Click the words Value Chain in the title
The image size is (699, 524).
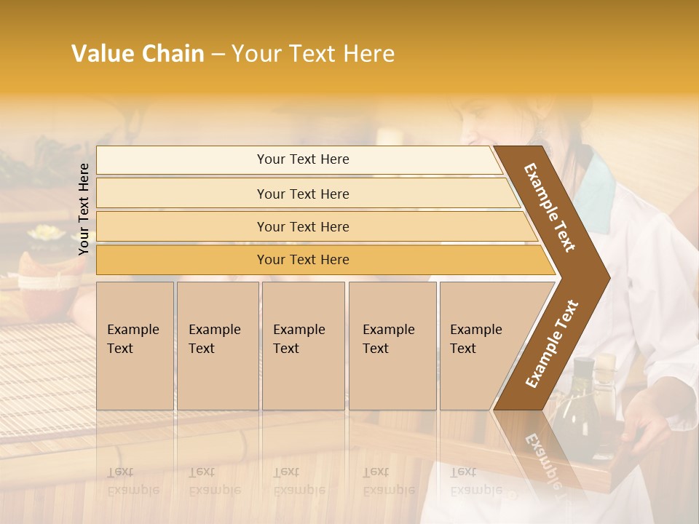138,54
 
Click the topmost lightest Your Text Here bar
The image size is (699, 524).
302,159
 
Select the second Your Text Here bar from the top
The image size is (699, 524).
302,194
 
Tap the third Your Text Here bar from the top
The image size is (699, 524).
302,226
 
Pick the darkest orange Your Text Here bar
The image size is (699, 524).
302,260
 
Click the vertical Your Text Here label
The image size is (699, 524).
84,209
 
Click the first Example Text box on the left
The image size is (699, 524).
135,346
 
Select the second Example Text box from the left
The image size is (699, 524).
218,346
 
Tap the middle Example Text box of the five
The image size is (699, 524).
303,346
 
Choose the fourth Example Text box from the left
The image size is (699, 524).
392,346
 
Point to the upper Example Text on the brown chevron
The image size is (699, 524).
550,207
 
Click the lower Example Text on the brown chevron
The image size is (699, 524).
552,344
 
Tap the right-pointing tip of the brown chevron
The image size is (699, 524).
604,277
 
